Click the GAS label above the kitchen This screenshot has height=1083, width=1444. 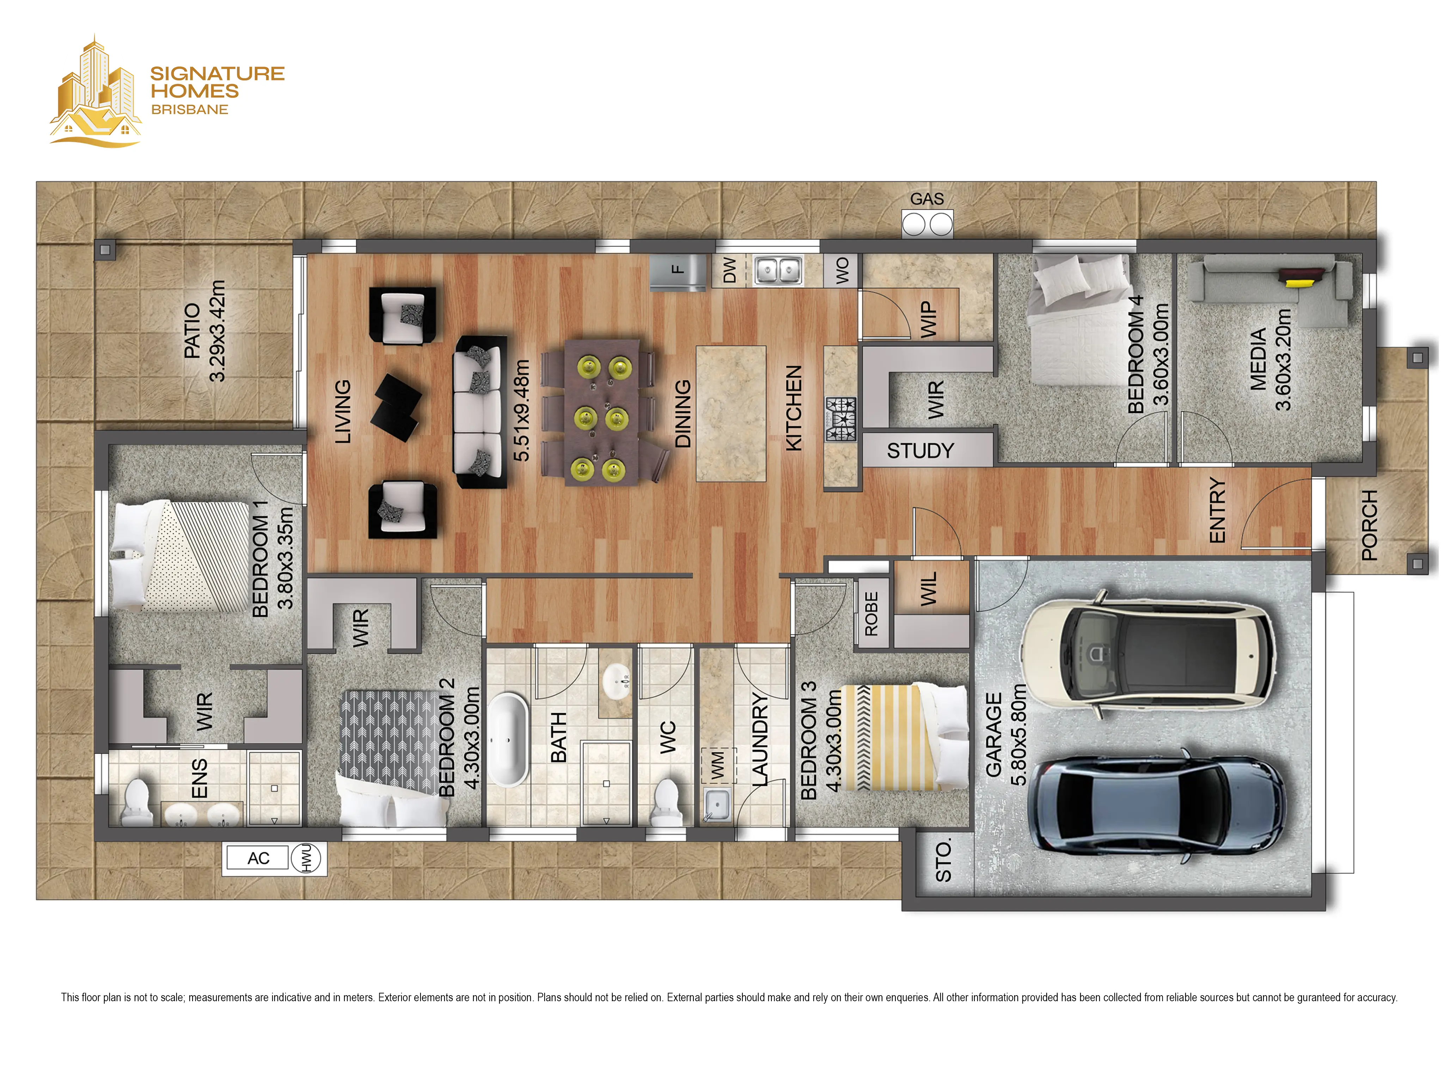pyautogui.click(x=927, y=199)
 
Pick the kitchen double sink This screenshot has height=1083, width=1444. pyautogui.click(x=778, y=270)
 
